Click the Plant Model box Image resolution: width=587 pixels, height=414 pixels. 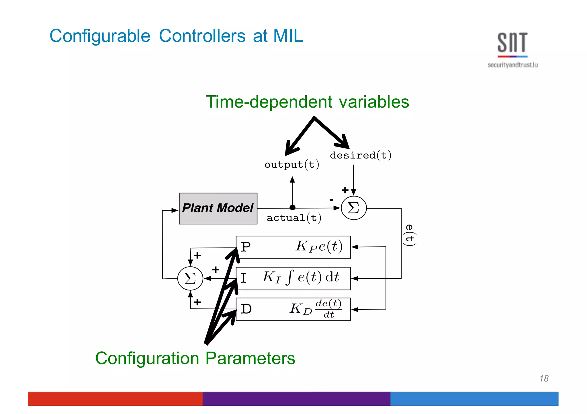218,208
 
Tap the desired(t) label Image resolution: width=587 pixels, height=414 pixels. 360,155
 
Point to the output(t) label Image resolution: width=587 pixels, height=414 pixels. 291,165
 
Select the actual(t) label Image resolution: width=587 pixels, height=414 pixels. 294,218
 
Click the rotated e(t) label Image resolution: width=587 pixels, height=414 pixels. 410,235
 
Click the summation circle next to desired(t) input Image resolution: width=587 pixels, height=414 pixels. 354,208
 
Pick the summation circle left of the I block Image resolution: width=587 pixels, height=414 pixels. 190,278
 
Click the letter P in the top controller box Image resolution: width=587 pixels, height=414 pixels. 246,247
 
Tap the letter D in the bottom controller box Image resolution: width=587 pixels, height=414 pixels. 246,309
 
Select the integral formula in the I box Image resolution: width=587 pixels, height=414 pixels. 301,277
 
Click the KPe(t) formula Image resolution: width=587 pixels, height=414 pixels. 319,246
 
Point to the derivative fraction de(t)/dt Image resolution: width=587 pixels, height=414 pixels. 328,309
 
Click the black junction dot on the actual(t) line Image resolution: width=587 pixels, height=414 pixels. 292,208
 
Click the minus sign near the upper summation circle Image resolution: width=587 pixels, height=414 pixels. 331,200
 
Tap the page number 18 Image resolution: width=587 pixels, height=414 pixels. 544,379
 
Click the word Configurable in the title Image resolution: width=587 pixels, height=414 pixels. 100,36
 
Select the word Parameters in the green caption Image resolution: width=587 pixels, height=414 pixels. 250,358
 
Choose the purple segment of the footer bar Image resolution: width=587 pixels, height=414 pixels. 296,399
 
